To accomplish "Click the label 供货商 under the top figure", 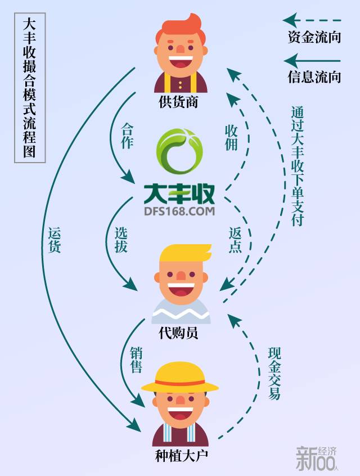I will (178, 102).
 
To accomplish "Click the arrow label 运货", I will (55, 239).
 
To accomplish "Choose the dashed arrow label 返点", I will (235, 239).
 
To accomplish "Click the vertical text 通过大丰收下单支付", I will (297, 166).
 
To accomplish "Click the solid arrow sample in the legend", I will (313, 60).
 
